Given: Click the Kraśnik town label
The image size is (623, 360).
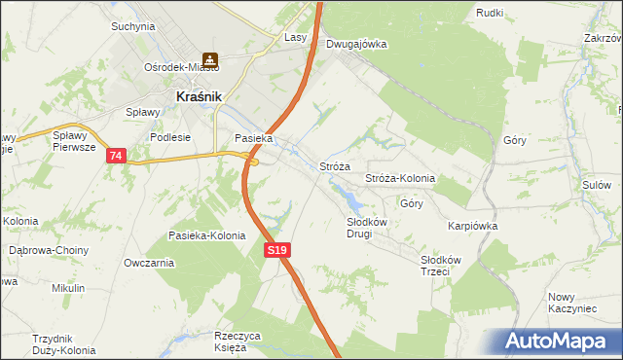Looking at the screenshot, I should point(201,96).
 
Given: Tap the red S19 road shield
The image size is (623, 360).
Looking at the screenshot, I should point(277,250).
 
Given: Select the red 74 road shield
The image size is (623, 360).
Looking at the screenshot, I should point(117,156).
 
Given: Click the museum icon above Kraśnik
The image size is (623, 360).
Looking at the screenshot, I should point(209,60).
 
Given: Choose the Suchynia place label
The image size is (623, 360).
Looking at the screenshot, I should point(133,26).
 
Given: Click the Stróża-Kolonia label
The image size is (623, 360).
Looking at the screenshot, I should point(399,179).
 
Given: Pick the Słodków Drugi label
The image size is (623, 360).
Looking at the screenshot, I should point(368,228).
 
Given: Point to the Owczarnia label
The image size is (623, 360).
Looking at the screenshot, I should point(149,263).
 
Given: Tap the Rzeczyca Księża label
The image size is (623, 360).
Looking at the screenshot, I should point(238,342).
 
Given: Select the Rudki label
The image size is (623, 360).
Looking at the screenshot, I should point(489,13).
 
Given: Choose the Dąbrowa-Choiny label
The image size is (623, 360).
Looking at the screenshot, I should point(48,250).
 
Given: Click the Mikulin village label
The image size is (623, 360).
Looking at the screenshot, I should point(68,288).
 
